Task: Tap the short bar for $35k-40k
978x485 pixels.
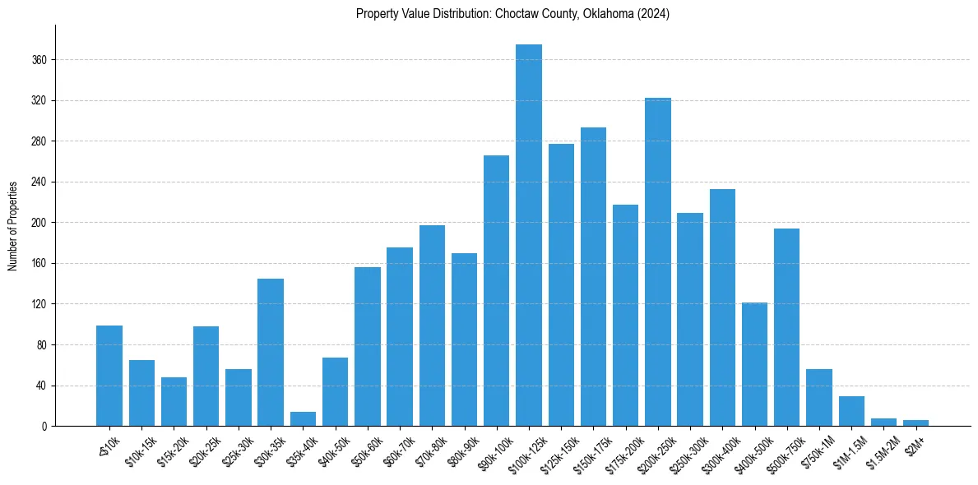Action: tap(303, 419)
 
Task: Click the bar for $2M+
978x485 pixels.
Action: tap(916, 423)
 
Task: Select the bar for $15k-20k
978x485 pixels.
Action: tap(174, 401)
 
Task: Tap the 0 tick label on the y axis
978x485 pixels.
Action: tap(46, 427)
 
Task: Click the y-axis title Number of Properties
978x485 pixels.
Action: tap(12, 226)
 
